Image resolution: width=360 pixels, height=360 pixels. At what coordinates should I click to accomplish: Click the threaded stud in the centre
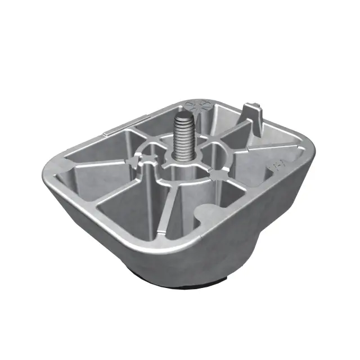[183, 138]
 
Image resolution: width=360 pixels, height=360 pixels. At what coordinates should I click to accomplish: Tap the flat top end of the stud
[183, 117]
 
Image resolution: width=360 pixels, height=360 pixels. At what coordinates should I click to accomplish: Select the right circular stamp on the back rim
[203, 105]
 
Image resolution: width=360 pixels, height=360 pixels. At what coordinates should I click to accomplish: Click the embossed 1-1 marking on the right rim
[276, 166]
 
